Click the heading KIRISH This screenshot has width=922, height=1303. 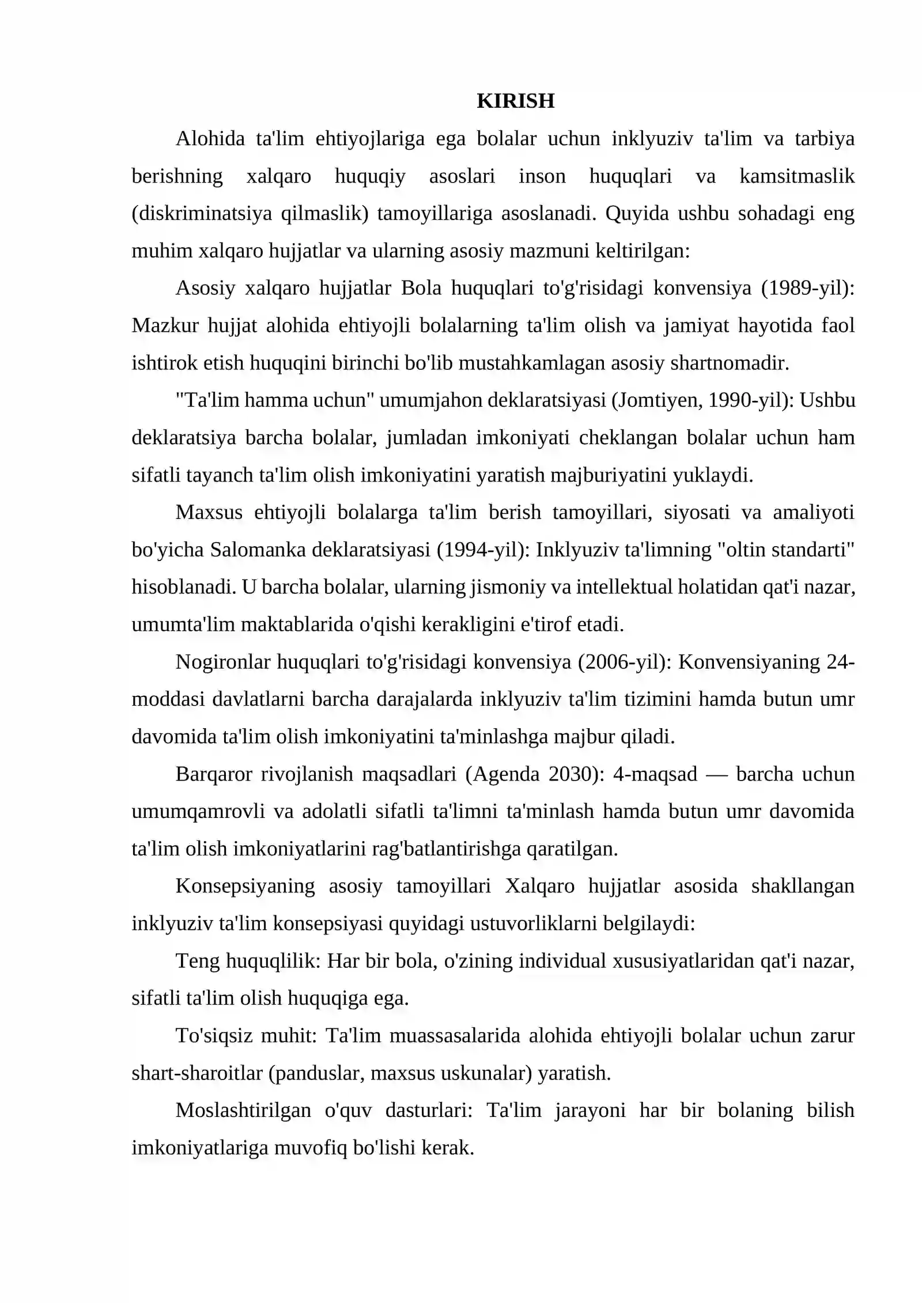pos(515,101)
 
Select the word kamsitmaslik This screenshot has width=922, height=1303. pos(796,176)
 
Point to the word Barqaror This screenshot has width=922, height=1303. pos(213,774)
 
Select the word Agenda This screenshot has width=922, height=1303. pos(505,774)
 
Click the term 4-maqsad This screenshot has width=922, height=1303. pos(655,774)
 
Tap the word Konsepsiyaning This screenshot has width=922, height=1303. pos(245,886)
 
